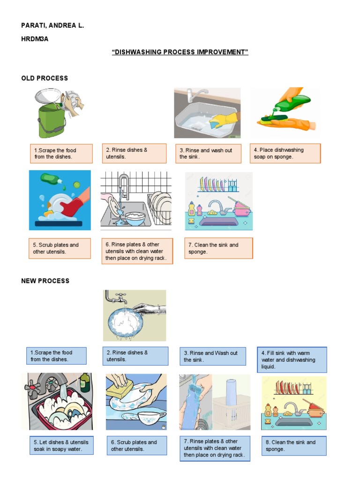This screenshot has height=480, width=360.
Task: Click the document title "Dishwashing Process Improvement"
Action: click(x=180, y=52)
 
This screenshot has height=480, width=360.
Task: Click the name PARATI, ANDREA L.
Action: click(x=52, y=25)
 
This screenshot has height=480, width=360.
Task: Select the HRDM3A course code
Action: click(x=35, y=39)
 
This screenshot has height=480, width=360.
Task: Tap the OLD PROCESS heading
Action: click(x=45, y=78)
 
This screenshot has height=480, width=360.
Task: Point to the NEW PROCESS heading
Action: click(x=45, y=281)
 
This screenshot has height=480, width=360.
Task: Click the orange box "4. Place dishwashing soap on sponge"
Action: click(x=285, y=153)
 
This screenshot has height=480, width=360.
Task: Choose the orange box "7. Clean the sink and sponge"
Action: click(x=218, y=248)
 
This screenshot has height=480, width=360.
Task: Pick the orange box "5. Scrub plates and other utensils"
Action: click(x=60, y=248)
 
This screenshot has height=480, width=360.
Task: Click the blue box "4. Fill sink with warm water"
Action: click(x=292, y=360)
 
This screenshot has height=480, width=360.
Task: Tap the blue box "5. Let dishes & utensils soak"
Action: click(x=60, y=445)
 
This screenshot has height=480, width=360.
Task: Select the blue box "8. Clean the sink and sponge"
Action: click(x=293, y=445)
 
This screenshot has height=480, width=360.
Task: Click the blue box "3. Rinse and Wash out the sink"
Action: click(x=213, y=356)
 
